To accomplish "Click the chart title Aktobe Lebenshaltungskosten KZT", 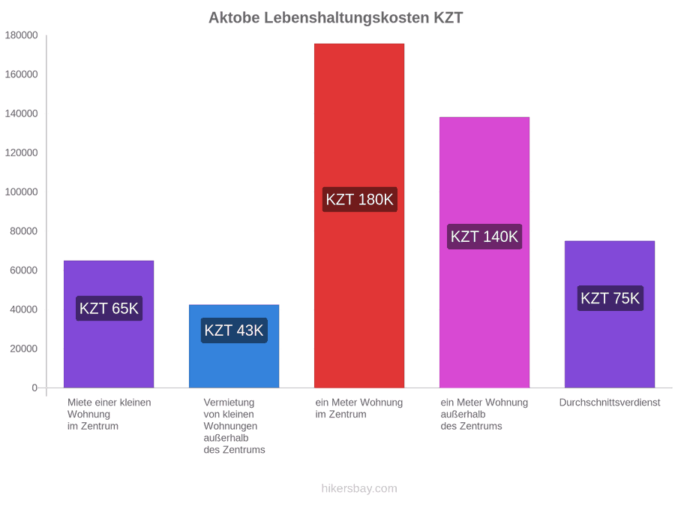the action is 336,18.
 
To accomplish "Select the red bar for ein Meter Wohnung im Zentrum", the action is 359,216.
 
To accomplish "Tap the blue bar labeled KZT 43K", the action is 234,346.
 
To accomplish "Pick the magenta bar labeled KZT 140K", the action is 484,252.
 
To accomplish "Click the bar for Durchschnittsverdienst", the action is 610,314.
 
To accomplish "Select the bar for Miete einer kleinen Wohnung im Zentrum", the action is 109,324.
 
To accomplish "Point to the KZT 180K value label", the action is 359,200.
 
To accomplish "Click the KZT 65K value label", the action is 109,308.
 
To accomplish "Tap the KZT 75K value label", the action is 610,298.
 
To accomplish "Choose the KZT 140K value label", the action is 484,237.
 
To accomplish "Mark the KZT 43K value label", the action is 234,330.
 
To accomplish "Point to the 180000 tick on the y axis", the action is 22,35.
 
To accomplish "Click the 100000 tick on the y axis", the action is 22,192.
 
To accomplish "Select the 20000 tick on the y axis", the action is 24,349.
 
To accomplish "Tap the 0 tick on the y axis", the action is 34,388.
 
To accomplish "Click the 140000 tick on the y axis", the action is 22,114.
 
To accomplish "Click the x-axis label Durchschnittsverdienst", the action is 610,403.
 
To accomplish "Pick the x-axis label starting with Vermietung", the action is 234,426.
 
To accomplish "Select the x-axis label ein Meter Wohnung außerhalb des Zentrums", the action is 484,415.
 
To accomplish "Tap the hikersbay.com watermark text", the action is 359,488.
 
